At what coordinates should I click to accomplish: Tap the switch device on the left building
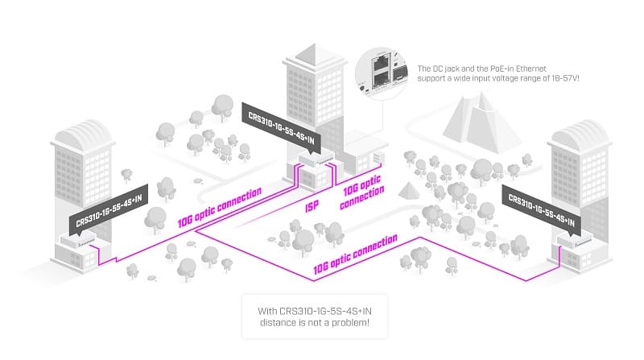click(81, 239)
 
